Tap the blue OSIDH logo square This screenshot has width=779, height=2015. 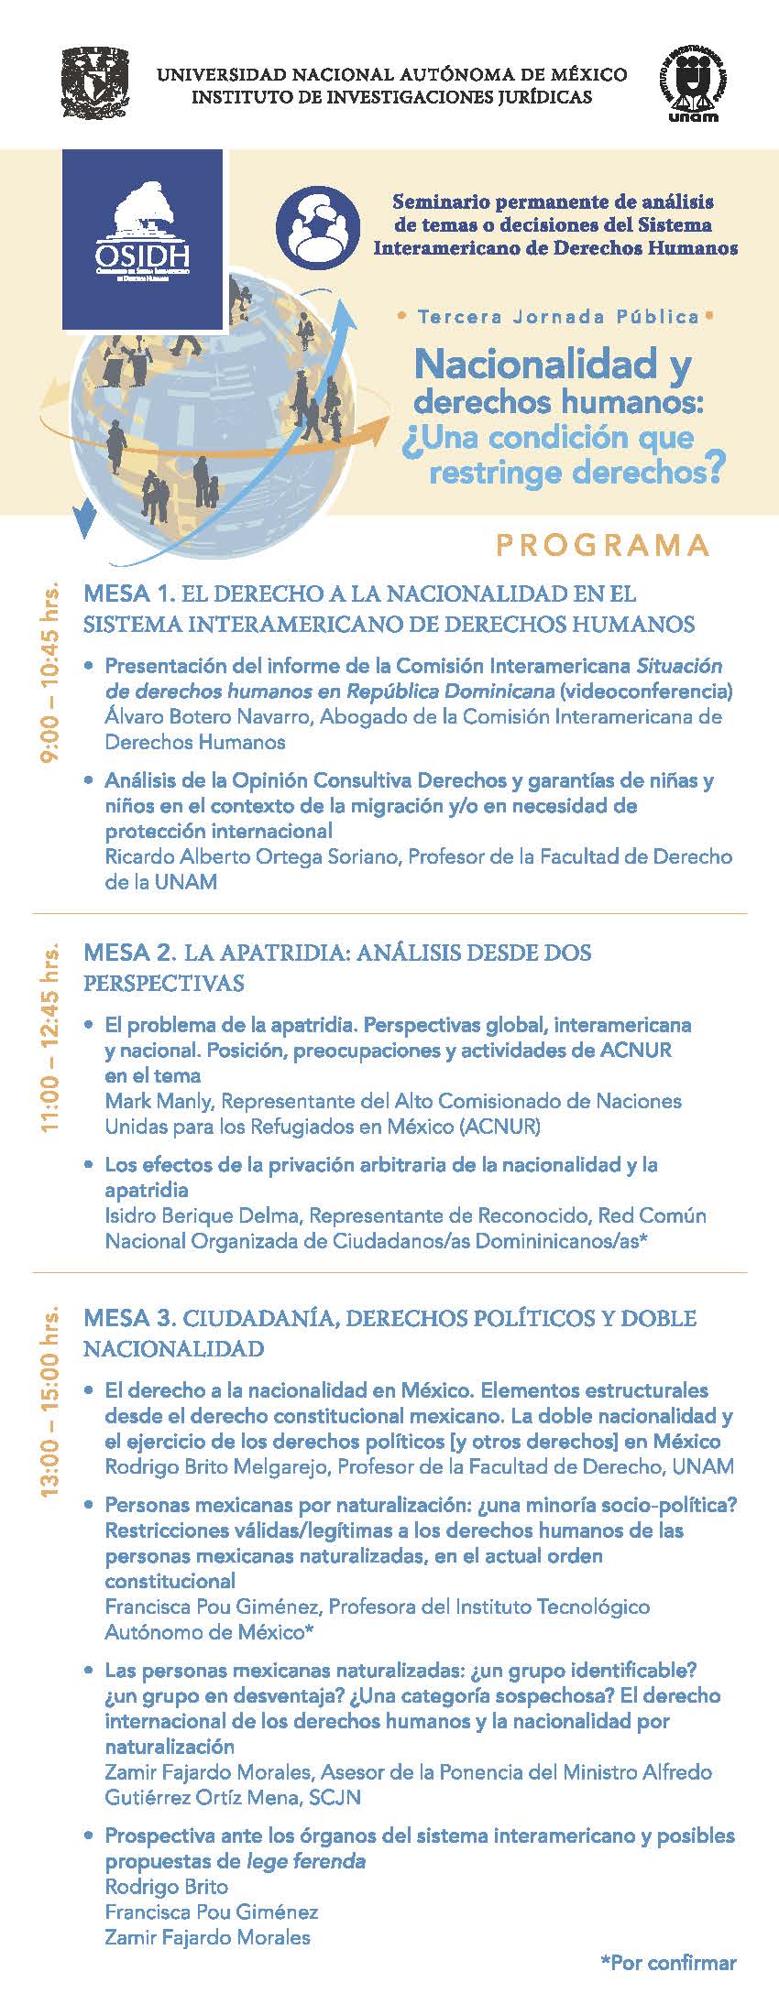[x=142, y=238]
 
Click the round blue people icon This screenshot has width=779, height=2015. [x=316, y=223]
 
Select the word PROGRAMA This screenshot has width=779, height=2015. [x=603, y=545]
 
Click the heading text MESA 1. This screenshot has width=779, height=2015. [x=129, y=594]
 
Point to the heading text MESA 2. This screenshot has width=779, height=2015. [x=129, y=953]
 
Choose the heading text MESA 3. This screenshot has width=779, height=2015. [x=129, y=1318]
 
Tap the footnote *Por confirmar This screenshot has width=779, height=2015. [x=668, y=1962]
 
